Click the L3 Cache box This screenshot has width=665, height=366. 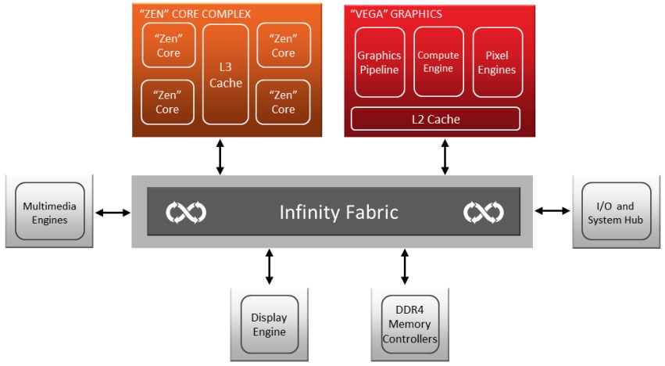(226, 74)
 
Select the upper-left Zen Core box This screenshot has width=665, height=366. (168, 45)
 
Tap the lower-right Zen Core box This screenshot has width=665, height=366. (283, 102)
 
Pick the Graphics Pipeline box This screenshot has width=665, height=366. (379, 63)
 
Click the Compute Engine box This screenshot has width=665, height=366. (438, 62)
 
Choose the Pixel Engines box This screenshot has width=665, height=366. (497, 63)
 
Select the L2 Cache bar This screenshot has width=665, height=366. (435, 119)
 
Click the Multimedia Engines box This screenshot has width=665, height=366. (45, 213)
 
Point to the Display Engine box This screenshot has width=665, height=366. (269, 325)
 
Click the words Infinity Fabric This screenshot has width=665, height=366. (339, 212)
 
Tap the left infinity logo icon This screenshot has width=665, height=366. (186, 212)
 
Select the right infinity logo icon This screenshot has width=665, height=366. (484, 212)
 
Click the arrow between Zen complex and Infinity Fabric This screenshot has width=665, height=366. (220, 156)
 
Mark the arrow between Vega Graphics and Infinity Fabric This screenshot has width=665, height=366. (445, 156)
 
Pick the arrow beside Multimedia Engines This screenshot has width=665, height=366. (113, 212)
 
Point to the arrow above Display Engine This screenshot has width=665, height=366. (270, 267)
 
